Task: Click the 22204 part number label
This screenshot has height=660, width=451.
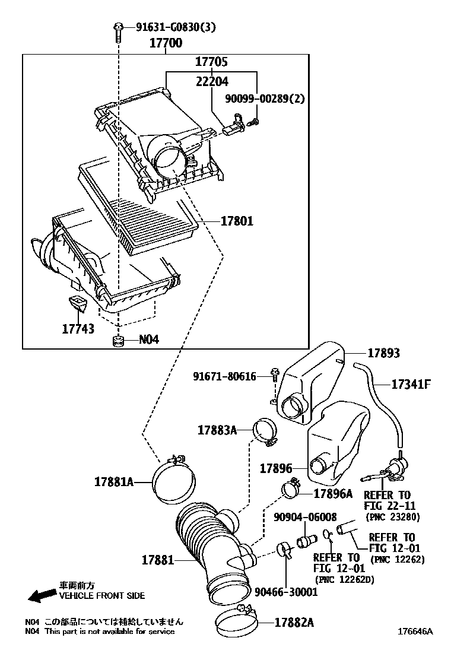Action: (x=212, y=81)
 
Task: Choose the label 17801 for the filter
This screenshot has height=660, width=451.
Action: (x=237, y=221)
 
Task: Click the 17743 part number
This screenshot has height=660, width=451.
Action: (x=78, y=328)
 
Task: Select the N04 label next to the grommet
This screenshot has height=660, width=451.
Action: (x=148, y=340)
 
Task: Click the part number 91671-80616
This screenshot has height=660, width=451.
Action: (x=224, y=376)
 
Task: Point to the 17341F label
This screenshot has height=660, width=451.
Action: (x=410, y=384)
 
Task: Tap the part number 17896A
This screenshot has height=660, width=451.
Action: (x=332, y=493)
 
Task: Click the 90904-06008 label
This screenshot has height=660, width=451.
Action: (x=305, y=517)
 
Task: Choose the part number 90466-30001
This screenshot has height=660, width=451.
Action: (x=286, y=592)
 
